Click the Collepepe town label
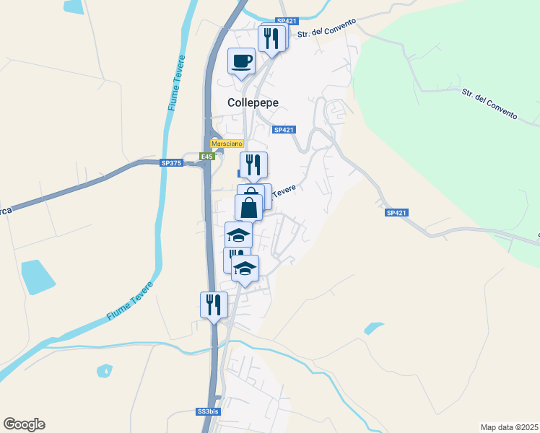pos(253,102)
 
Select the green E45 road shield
pos(207,156)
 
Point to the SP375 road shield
pos(172,163)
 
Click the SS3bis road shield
pos(207,412)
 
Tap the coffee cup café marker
pos(241,61)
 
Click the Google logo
pos(24,424)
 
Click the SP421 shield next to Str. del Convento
pos(287,22)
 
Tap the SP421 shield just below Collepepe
pos(284,130)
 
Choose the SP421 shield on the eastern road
pos(396,212)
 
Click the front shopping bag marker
pos(248,208)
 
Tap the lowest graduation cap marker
pos(245,268)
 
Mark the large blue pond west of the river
pos(37,277)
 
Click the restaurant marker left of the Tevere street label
pos(253,165)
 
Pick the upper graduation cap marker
pos(238,235)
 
